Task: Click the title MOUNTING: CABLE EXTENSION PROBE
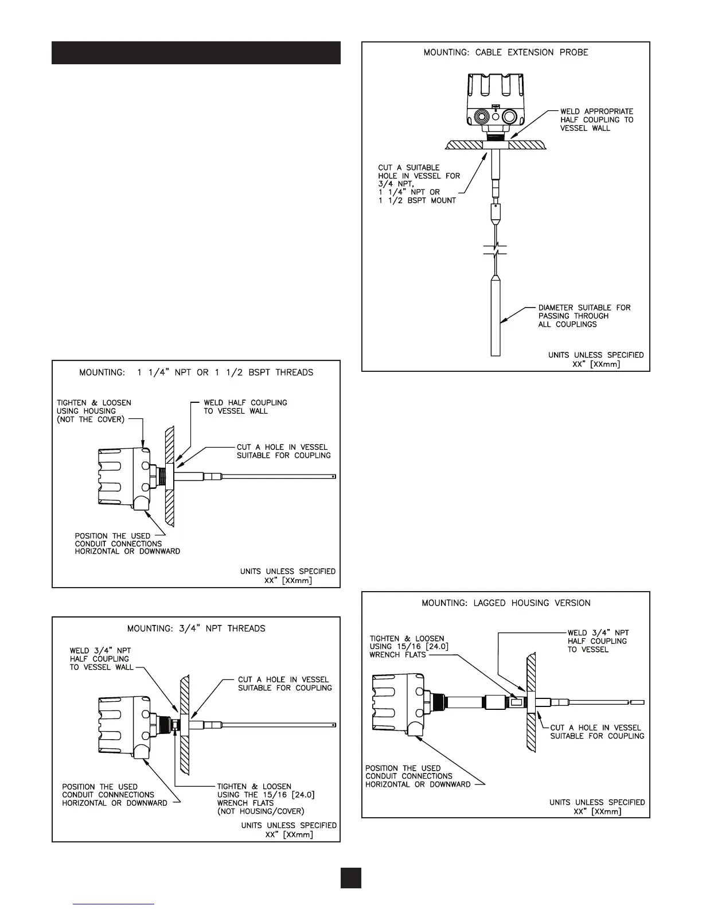click(x=506, y=52)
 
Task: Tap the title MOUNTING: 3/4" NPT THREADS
click(x=196, y=628)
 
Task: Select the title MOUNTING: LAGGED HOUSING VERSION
click(x=506, y=603)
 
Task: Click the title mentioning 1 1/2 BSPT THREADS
click(x=196, y=372)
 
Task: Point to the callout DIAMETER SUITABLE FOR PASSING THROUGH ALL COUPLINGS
click(x=584, y=316)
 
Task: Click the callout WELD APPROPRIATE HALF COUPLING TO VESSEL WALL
click(x=596, y=120)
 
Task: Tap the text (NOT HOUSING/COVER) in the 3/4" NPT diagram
click(x=260, y=811)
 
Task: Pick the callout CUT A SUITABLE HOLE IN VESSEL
click(x=419, y=184)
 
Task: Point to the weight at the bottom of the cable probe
click(x=496, y=316)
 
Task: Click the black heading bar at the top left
click(x=196, y=53)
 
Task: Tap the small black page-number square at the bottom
click(x=351, y=877)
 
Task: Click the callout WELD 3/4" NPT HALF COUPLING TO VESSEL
click(x=597, y=641)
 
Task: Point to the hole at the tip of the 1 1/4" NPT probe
click(x=333, y=476)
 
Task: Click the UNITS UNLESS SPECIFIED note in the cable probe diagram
click(x=596, y=359)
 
